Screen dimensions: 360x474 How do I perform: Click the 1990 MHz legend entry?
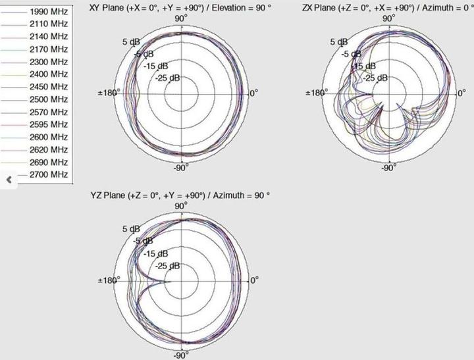click(x=49, y=11)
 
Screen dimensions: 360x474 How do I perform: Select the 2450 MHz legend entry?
click(x=49, y=86)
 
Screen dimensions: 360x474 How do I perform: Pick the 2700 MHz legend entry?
click(x=49, y=174)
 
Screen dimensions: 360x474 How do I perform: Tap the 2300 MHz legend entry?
click(x=49, y=61)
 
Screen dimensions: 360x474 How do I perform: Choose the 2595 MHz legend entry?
click(x=49, y=124)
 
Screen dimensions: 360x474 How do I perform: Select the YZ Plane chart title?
click(x=180, y=196)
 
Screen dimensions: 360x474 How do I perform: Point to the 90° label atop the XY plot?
click(x=181, y=18)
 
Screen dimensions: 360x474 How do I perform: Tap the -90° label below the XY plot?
click(x=181, y=167)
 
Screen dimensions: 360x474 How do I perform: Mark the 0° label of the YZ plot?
click(x=254, y=279)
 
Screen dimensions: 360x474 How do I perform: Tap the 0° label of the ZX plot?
click(x=462, y=93)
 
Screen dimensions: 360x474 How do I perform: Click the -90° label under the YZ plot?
click(x=181, y=355)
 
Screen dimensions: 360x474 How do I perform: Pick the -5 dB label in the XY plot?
click(x=144, y=54)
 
